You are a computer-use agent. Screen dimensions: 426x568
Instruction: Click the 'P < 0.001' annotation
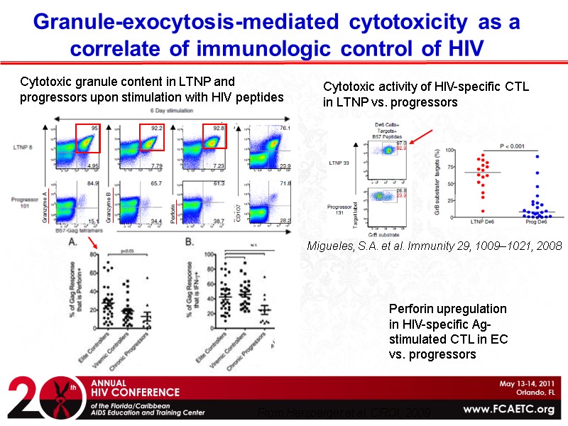tap(512, 146)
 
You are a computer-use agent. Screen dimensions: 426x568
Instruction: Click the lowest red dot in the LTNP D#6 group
tap(484, 211)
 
